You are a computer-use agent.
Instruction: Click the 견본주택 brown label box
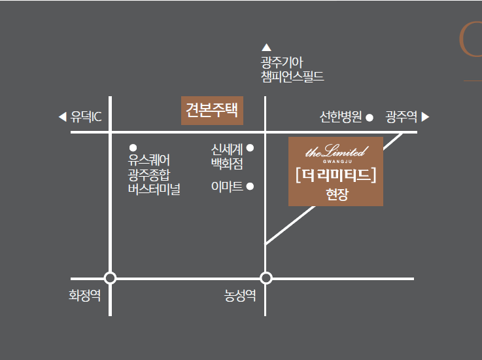[x=212, y=110]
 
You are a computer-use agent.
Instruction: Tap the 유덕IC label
[x=86, y=117]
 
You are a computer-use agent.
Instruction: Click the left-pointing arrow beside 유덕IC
[x=62, y=117]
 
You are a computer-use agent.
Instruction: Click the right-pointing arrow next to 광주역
[x=426, y=117]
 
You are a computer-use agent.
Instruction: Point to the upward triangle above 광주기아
[x=266, y=47]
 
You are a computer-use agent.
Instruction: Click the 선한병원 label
[x=341, y=117]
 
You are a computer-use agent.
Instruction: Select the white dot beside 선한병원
[x=370, y=118]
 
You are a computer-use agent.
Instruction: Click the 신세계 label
[x=227, y=149]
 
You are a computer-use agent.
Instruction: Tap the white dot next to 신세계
[x=250, y=148]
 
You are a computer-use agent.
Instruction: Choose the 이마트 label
[x=227, y=187]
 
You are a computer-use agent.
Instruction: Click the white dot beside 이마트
[x=250, y=187]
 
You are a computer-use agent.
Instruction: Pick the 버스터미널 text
[x=154, y=190]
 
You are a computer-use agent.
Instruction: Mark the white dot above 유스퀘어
[x=133, y=147]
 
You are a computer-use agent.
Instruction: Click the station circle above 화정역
[x=110, y=278]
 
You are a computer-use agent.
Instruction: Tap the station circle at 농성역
[x=266, y=278]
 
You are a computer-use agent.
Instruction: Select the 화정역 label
[x=85, y=295]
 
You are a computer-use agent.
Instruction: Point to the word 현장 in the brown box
[x=336, y=194]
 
